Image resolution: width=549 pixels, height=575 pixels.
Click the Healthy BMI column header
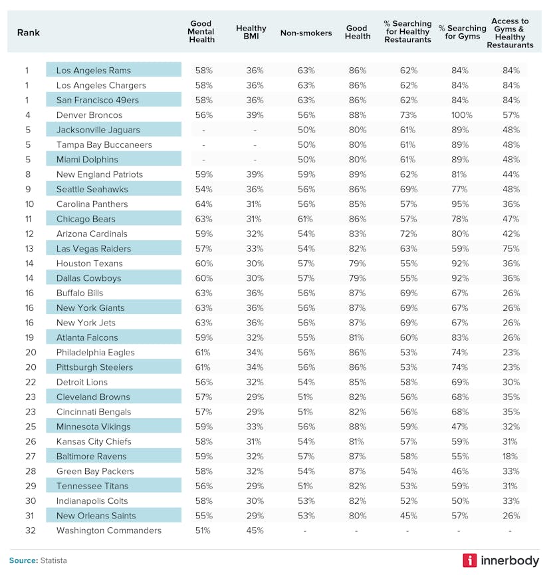(x=251, y=33)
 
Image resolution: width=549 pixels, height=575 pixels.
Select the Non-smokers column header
(x=306, y=33)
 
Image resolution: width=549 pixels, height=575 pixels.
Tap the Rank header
(x=29, y=33)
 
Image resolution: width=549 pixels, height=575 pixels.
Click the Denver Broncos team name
(x=89, y=115)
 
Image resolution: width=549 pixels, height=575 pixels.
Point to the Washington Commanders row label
(x=108, y=530)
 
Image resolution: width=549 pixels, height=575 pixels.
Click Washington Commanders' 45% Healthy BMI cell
(x=255, y=530)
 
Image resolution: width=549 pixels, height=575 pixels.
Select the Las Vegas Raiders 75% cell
(x=511, y=248)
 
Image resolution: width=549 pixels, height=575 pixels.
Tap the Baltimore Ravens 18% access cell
(x=511, y=457)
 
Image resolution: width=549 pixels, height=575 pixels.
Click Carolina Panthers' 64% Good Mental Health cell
(x=203, y=204)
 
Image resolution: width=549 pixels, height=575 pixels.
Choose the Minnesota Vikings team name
(x=93, y=427)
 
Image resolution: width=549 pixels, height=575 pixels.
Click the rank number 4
(x=27, y=115)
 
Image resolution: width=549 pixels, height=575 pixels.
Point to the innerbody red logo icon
(x=470, y=560)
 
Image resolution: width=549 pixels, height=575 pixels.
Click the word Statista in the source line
(x=53, y=560)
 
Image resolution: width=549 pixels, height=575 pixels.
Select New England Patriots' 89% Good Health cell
(x=356, y=174)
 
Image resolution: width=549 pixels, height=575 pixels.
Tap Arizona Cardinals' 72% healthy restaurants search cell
(x=408, y=234)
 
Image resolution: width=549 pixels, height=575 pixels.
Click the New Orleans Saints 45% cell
(x=408, y=516)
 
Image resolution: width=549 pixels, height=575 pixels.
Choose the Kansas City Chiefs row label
(x=94, y=441)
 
